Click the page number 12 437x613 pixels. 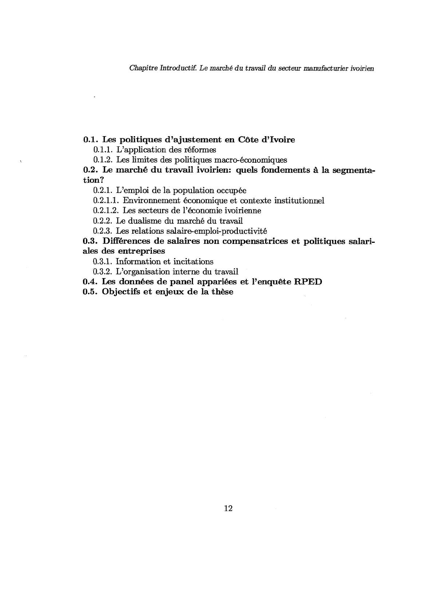pyautogui.click(x=229, y=509)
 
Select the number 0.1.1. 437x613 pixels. pyautogui.click(x=103, y=150)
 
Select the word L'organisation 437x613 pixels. pyautogui.click(x=143, y=272)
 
